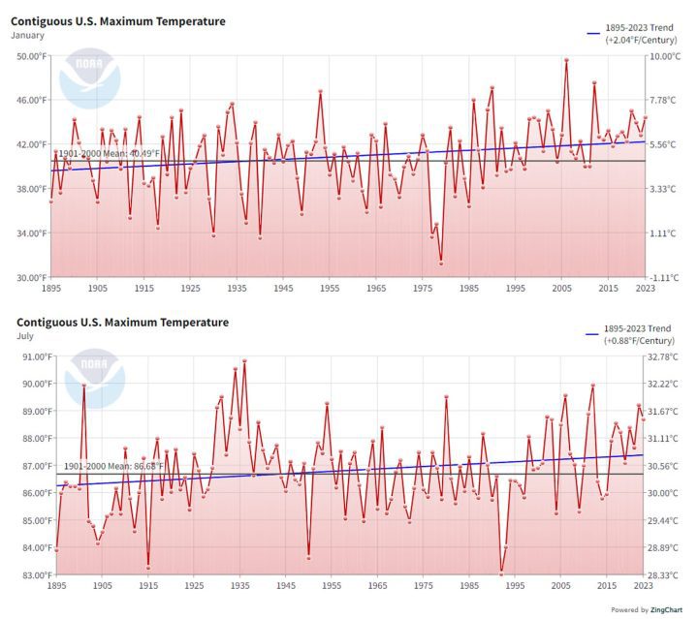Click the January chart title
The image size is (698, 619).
(117, 21)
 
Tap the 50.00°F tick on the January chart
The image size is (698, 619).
(30, 56)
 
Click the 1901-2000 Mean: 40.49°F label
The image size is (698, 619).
(108, 153)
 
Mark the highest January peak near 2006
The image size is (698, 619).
(566, 60)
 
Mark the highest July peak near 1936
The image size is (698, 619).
(244, 361)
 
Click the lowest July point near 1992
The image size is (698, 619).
(501, 573)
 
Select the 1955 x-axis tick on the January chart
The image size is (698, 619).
(330, 288)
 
